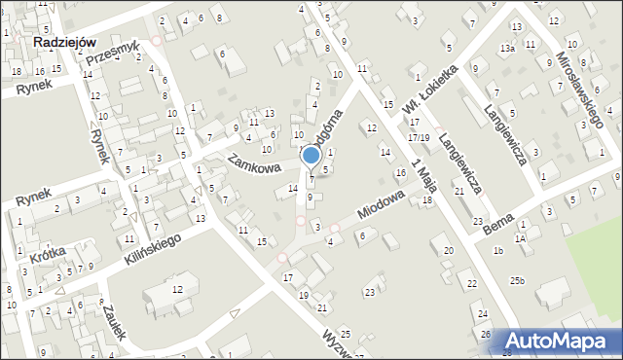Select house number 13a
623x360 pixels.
pyautogui.click(x=507, y=48)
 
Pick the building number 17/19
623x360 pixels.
pyautogui.click(x=419, y=137)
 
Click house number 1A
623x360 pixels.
pyautogui.click(x=521, y=237)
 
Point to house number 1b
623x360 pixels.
pyautogui.click(x=497, y=251)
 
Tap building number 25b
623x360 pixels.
pyautogui.click(x=517, y=281)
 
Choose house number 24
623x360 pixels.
pyautogui.click(x=483, y=314)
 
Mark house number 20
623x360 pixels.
pyautogui.click(x=448, y=251)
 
